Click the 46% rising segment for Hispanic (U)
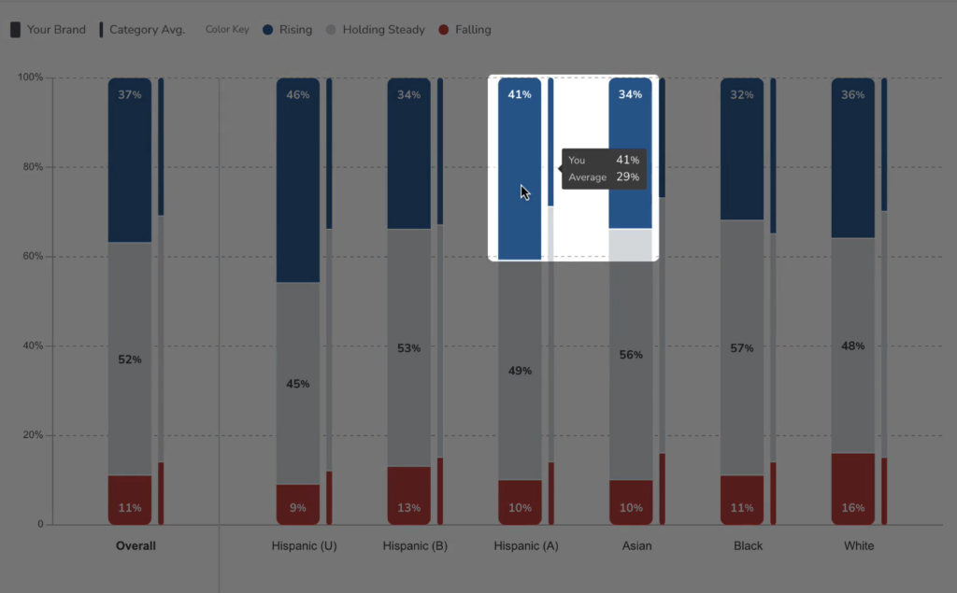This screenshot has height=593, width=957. pos(298,180)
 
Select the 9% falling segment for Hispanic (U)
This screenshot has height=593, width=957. pos(298,504)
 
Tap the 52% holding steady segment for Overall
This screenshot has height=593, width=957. pos(130,359)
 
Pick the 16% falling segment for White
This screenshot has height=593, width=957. pos(852,488)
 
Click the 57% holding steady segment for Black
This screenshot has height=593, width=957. pos(742,347)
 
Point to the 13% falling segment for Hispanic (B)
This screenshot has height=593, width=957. pos(409,495)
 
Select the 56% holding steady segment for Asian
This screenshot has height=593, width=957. pos(631,355)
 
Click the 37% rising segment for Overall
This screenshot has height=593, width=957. pos(130,160)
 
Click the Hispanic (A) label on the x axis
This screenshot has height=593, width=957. pos(526,546)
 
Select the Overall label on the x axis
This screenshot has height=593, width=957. pos(136,546)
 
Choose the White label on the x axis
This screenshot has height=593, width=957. pos(859,546)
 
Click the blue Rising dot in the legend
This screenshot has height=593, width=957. pos(268,29)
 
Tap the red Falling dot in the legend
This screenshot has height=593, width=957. pos(444,29)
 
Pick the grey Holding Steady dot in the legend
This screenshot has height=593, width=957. pos(331,29)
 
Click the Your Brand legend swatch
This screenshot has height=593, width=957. pos(15,29)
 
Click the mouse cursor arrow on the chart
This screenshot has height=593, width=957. pos(525,192)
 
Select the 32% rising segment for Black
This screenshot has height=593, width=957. pos(742,148)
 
